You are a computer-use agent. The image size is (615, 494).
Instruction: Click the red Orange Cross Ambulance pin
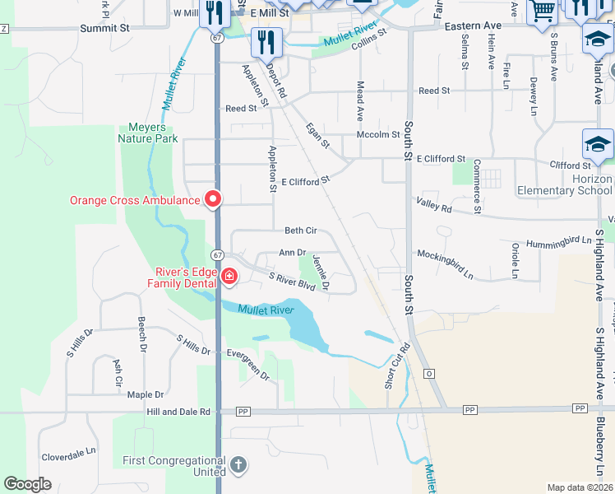click(x=213, y=199)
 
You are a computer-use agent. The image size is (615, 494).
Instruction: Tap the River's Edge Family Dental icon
click(x=229, y=278)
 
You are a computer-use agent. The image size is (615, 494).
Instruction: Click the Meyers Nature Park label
click(x=153, y=133)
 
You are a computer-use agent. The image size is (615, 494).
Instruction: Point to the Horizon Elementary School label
click(x=565, y=184)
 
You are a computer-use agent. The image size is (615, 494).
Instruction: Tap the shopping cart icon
click(x=542, y=12)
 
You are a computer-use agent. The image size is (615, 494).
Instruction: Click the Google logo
click(x=28, y=484)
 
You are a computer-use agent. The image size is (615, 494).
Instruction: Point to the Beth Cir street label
click(x=300, y=231)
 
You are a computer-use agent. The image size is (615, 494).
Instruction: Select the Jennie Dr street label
click(x=320, y=273)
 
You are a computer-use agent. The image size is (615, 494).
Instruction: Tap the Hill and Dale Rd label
click(x=178, y=411)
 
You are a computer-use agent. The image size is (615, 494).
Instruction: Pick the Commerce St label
click(x=476, y=189)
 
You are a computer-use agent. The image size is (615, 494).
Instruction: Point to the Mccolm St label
click(x=378, y=134)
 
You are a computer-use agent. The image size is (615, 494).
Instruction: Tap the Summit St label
click(x=105, y=28)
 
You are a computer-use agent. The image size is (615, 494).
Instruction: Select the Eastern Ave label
click(x=473, y=26)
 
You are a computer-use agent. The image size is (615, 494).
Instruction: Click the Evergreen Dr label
click(x=248, y=364)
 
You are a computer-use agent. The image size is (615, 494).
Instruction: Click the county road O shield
click(x=428, y=374)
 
